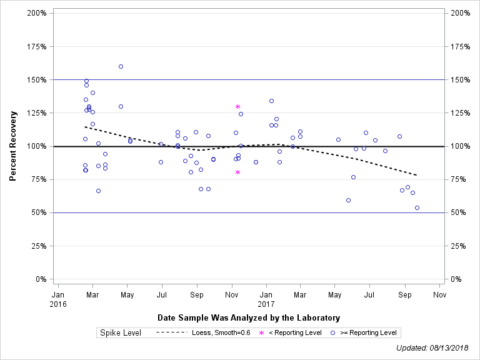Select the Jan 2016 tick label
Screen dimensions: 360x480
click(57, 299)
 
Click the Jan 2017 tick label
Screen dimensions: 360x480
click(266, 299)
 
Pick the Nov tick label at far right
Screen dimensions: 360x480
click(439, 294)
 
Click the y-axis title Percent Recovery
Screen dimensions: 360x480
click(12, 146)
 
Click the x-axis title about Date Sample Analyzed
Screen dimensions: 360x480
click(249, 317)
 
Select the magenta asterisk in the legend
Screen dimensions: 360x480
click(262, 333)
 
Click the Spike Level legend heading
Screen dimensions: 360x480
click(121, 332)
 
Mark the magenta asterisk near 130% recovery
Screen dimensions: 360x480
click(238, 107)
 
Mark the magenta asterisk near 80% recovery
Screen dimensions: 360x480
click(238, 172)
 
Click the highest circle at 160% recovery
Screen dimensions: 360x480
click(121, 66)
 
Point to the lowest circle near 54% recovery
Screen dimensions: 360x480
click(417, 207)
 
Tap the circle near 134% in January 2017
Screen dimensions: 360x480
click(271, 101)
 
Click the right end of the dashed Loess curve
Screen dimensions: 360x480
click(417, 175)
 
